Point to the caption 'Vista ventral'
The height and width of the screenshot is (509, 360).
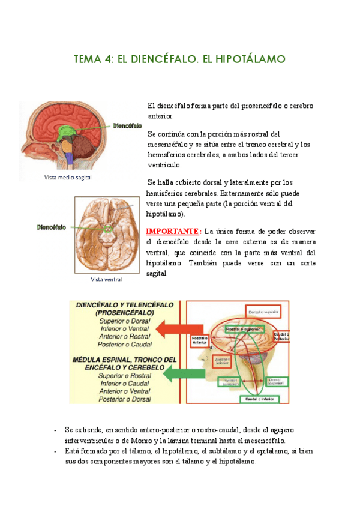point(106,279)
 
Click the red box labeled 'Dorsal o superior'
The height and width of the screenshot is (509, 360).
point(265,311)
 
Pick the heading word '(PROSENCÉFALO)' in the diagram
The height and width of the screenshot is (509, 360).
point(124,313)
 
